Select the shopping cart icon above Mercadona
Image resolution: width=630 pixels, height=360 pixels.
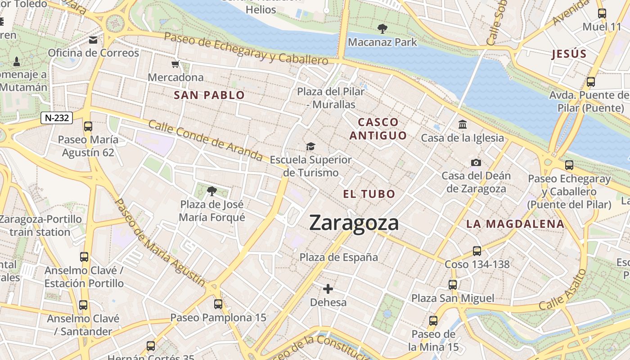pos(175,64)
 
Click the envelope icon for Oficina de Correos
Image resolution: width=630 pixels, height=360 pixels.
pos(93,40)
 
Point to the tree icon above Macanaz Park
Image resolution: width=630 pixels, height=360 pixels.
pos(382,29)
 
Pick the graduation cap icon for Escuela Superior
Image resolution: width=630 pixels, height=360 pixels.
pos(310,146)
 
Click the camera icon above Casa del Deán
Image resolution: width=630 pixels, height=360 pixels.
pos(476,162)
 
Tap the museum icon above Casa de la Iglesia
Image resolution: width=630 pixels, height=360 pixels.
pos(462,124)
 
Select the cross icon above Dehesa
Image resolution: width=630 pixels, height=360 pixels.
pos(328,288)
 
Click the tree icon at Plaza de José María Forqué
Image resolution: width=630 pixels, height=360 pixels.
pos(211,191)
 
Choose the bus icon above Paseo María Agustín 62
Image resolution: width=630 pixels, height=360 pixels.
pos(88,126)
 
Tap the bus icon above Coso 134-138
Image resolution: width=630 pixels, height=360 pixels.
pos(477,251)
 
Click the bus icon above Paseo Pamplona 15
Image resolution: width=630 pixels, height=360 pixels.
pos(218,304)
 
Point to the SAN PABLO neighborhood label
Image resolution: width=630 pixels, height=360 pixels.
pos(209,95)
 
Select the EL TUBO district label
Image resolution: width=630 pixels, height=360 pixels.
pos(369,194)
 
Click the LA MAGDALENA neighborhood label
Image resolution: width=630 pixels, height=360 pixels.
pos(515,224)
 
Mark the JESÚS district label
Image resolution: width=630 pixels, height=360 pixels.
pos(569,54)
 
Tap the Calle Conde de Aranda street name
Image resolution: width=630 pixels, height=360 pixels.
pos(205,140)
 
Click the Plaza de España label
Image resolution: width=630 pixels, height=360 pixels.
pos(339,257)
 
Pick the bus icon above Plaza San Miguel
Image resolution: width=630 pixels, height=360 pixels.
pos(453,284)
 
